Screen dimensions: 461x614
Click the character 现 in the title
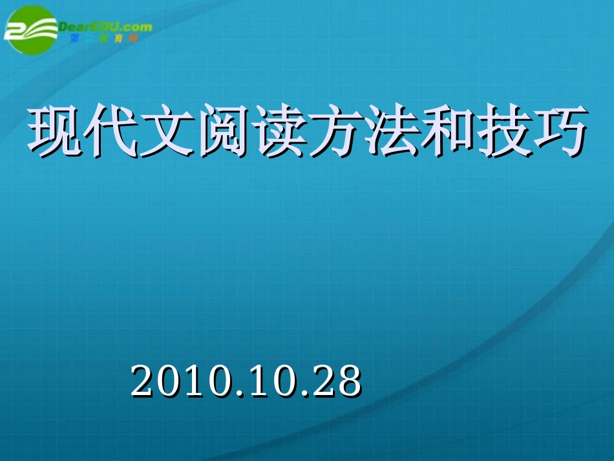(x=53, y=133)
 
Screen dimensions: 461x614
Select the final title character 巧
(x=559, y=133)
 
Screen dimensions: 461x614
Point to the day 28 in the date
(x=337, y=381)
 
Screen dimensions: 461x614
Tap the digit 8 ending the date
(x=350, y=381)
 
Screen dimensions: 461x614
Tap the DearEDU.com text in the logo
(x=105, y=27)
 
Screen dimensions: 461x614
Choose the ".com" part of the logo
(x=137, y=27)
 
